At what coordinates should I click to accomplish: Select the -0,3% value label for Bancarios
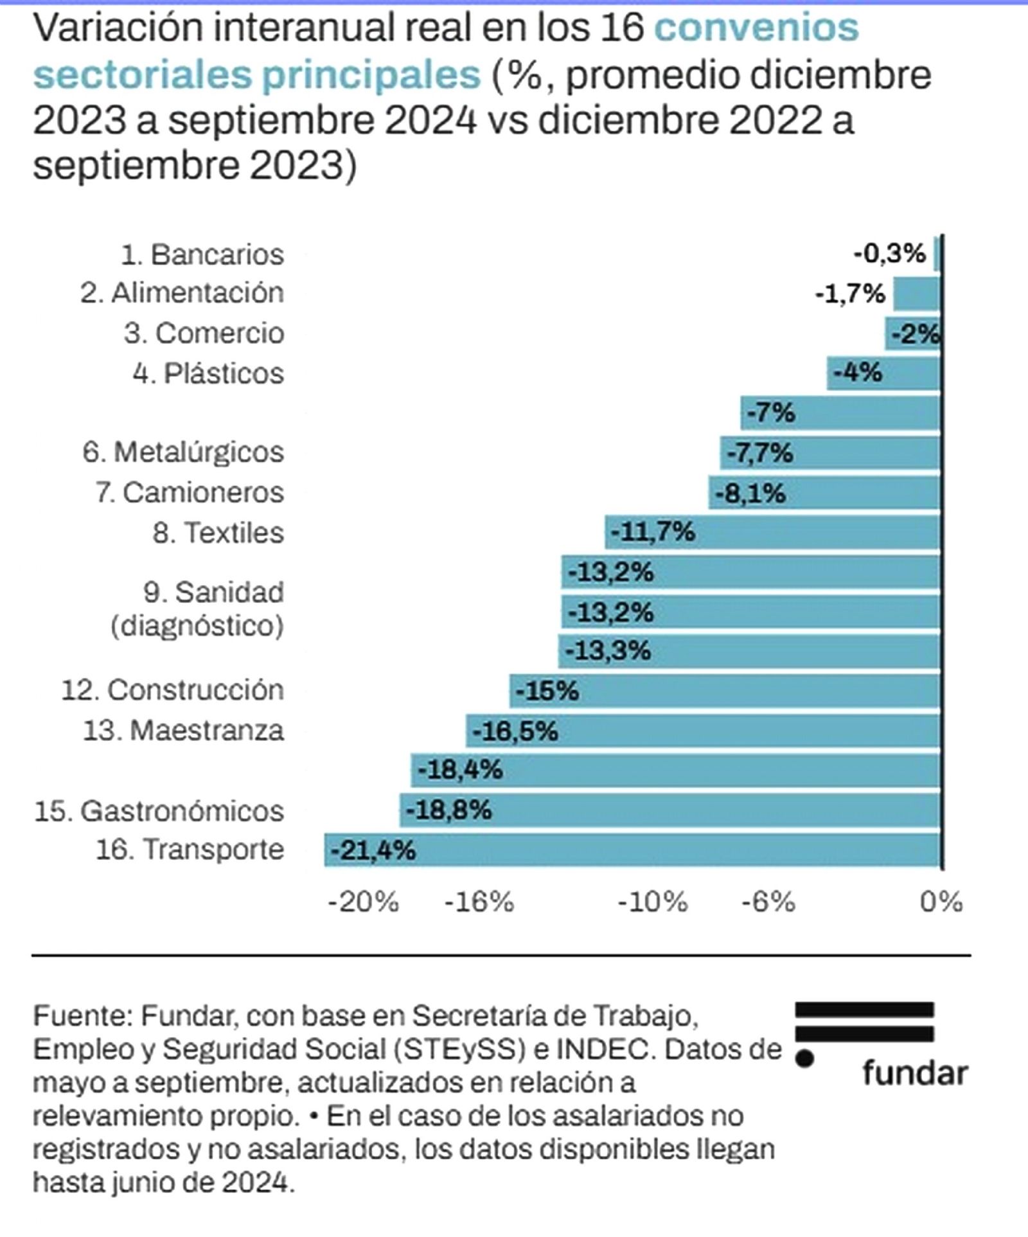click(x=890, y=254)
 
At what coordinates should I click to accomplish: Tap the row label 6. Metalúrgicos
click(x=183, y=452)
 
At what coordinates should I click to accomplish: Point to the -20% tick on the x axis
click(x=363, y=903)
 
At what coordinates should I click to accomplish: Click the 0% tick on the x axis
click(x=941, y=903)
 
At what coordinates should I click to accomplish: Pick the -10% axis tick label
click(x=652, y=903)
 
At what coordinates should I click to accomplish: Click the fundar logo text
click(x=915, y=1074)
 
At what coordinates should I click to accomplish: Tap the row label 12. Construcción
click(x=173, y=690)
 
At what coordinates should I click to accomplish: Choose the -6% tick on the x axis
click(x=768, y=903)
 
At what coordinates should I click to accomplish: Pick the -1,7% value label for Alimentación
click(x=850, y=294)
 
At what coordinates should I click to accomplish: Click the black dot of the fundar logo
click(x=804, y=1058)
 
